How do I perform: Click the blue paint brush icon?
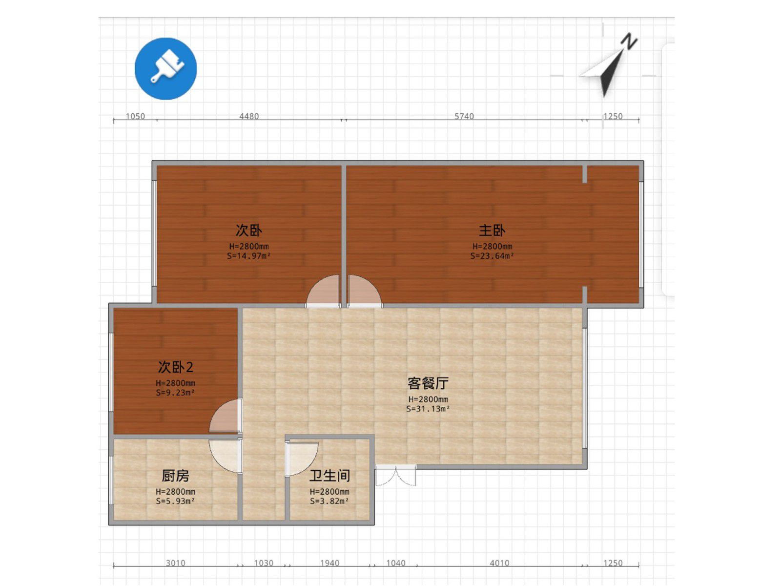pyautogui.click(x=165, y=69)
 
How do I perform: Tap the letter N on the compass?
pyautogui.click(x=629, y=42)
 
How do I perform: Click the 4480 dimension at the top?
pyautogui.click(x=249, y=116)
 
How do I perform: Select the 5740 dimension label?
pyautogui.click(x=464, y=116)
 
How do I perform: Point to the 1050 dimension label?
pyautogui.click(x=136, y=116)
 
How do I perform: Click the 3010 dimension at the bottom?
pyautogui.click(x=176, y=563)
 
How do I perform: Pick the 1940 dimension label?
pyautogui.click(x=330, y=563)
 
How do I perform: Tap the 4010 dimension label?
pyautogui.click(x=499, y=563)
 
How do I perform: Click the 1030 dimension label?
pyautogui.click(x=264, y=563)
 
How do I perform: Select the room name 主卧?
pyautogui.click(x=492, y=230)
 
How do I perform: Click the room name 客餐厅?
pyautogui.click(x=428, y=383)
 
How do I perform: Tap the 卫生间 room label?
pyautogui.click(x=329, y=476)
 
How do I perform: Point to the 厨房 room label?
pyautogui.click(x=175, y=476)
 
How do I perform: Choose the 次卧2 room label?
pyautogui.click(x=176, y=367)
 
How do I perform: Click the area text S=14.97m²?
pyautogui.click(x=249, y=256)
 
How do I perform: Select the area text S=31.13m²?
pyautogui.click(x=428, y=409)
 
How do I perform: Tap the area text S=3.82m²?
pyautogui.click(x=329, y=502)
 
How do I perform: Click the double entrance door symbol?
pyautogui.click(x=396, y=475)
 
